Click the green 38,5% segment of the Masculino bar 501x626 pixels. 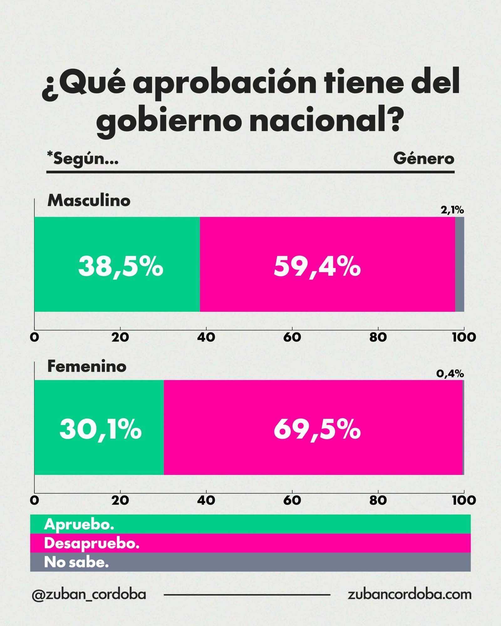[x=117, y=264]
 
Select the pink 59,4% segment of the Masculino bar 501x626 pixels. [x=327, y=264]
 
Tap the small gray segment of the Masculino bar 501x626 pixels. [x=459, y=264]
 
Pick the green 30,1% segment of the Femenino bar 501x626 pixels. [x=99, y=427]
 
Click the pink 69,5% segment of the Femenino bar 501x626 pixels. [x=313, y=427]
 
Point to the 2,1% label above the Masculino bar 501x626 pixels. [x=452, y=210]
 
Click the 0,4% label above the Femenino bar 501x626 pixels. [x=450, y=373]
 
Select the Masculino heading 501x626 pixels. [x=89, y=200]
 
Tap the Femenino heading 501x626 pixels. [x=87, y=366]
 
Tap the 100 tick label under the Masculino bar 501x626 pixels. [x=464, y=337]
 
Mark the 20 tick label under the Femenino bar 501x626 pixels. [x=120, y=500]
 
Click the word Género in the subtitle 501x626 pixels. [x=424, y=158]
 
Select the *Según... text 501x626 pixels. [x=83, y=158]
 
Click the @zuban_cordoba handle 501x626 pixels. [x=89, y=594]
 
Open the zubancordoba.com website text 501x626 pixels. [x=409, y=594]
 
